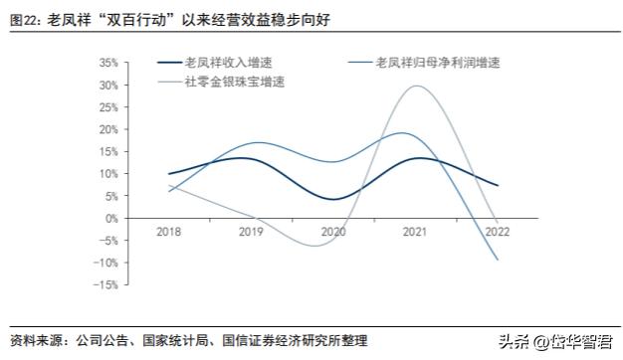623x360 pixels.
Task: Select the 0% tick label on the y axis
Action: coord(138,218)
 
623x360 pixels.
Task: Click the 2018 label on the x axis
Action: coord(169,231)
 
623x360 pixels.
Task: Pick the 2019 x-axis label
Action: coord(252,231)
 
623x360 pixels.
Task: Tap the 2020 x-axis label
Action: coord(333,231)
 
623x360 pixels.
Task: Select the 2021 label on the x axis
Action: coord(415,231)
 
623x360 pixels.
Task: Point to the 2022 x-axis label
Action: coord(498,231)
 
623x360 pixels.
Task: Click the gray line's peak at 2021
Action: coord(415,86)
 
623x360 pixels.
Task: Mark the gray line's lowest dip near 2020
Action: coord(316,245)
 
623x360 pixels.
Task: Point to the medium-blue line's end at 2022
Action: coord(498,261)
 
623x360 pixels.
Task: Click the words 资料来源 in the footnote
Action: coord(33,341)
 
